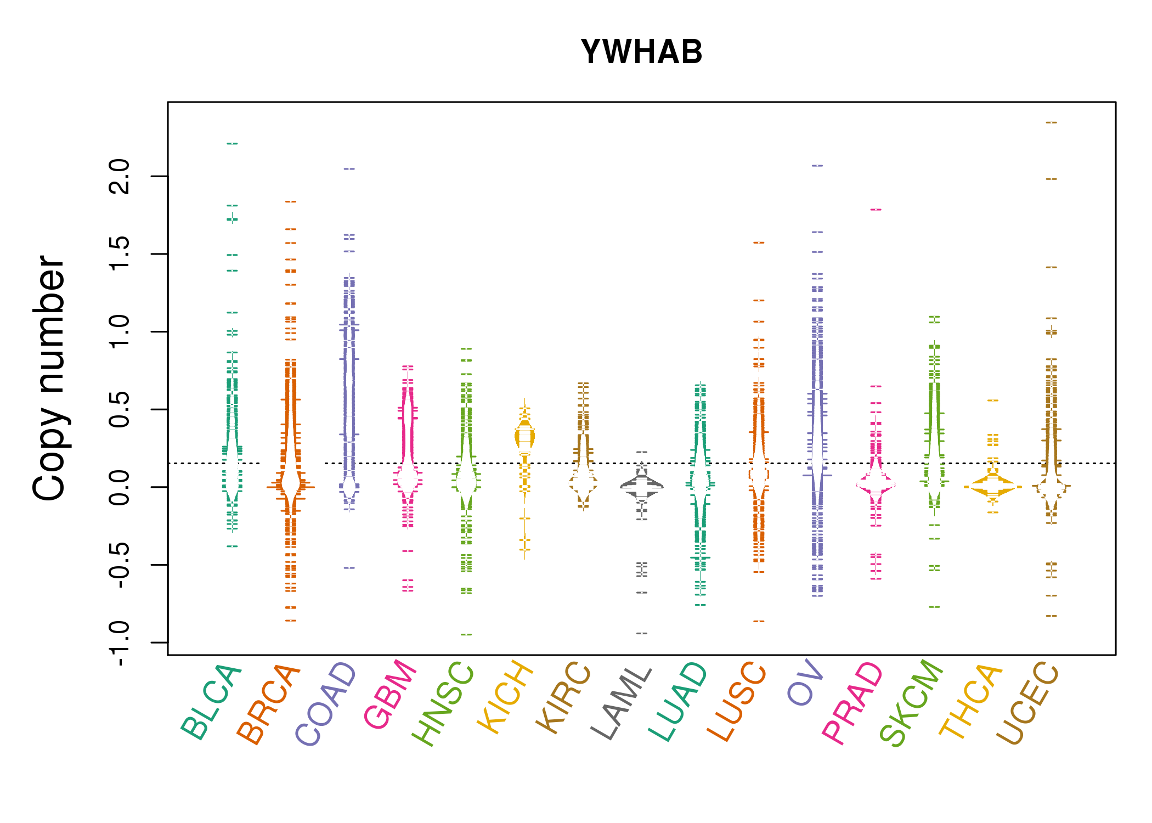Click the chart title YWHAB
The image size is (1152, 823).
[x=641, y=52]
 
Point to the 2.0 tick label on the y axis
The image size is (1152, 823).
[x=120, y=176]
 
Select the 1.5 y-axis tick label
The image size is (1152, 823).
[x=120, y=254]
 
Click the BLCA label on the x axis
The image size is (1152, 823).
[x=211, y=702]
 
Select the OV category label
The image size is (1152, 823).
[x=805, y=683]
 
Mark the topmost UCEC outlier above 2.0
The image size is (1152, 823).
[x=1051, y=122]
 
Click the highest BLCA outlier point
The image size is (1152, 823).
[x=232, y=144]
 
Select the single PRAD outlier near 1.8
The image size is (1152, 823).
[x=876, y=210]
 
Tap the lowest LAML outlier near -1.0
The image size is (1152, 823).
[x=641, y=633]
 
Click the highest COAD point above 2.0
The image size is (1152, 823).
[x=349, y=169]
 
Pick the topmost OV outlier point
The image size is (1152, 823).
[x=817, y=165]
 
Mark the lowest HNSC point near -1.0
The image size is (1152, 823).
[x=466, y=634]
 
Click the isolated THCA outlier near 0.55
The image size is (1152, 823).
[x=992, y=401]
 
